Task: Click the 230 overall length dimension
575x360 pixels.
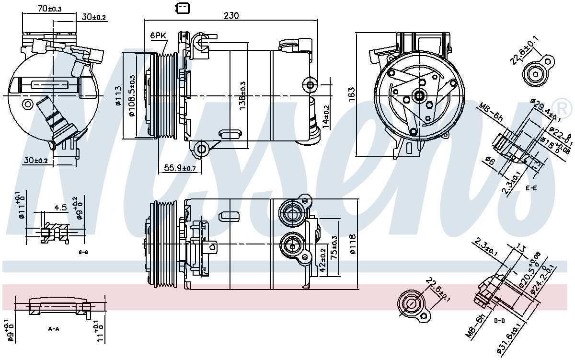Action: coord(231,15)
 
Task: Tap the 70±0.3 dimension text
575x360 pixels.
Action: coord(49,8)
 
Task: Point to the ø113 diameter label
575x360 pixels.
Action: coord(117,96)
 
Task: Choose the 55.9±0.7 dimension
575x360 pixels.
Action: coord(180,168)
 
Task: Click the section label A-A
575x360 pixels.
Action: coord(54,329)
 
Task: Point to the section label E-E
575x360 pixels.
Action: coord(530,188)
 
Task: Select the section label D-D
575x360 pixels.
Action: coord(498,321)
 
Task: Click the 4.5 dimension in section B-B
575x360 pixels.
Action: coord(60,208)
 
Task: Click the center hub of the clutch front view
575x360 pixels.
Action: coord(420,95)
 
